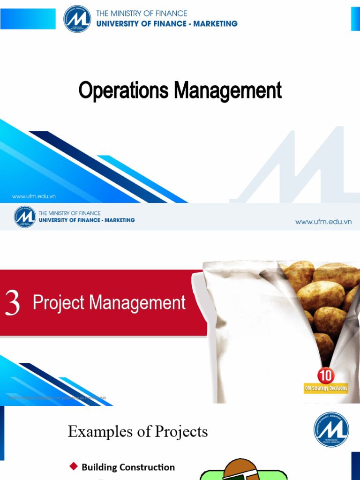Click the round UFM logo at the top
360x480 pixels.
click(78, 19)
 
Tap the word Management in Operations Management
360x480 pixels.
click(228, 90)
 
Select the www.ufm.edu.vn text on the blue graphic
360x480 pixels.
click(34, 196)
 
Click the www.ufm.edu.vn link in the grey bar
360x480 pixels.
click(323, 222)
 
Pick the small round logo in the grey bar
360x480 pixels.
click(25, 217)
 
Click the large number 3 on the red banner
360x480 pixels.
click(13, 303)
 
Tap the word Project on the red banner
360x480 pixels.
click(59, 303)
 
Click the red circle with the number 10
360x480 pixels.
click(326, 376)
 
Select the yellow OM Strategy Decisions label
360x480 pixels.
click(326, 388)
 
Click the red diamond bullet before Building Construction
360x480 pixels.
click(73, 466)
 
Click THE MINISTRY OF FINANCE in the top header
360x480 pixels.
click(142, 14)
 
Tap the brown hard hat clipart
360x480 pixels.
click(240, 469)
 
